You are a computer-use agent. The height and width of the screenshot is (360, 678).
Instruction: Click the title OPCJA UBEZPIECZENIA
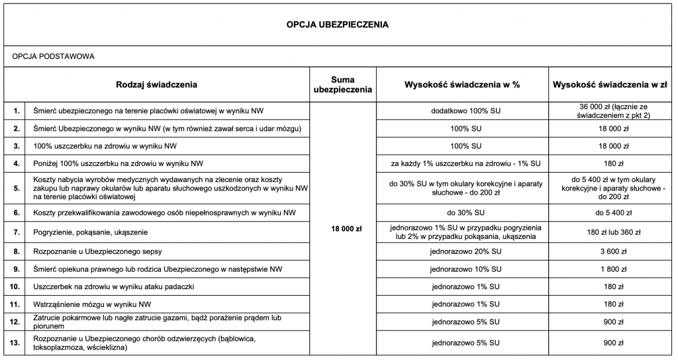pyautogui.click(x=338, y=24)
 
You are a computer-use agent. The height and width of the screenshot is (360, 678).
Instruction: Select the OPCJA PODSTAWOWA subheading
pyautogui.click(x=54, y=56)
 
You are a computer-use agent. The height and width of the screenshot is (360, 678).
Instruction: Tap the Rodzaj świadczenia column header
pyautogui.click(x=156, y=85)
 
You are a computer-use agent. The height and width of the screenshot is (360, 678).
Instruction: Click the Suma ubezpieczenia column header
pyautogui.click(x=342, y=85)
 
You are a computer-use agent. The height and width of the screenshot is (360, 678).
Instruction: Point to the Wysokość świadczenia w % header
pyautogui.click(x=462, y=85)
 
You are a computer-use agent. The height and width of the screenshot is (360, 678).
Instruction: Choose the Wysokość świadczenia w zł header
pyautogui.click(x=608, y=85)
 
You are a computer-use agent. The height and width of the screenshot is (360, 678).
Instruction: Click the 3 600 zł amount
pyautogui.click(x=608, y=251)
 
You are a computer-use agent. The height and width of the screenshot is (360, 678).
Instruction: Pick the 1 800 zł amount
pyautogui.click(x=608, y=269)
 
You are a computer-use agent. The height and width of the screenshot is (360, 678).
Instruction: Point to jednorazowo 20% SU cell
pyautogui.click(x=462, y=251)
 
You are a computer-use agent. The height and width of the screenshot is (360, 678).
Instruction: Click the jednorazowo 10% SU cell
pyautogui.click(x=462, y=269)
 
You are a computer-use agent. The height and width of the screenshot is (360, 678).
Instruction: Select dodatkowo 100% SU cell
pyautogui.click(x=462, y=110)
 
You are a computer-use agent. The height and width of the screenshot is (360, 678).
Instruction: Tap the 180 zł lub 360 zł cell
pyautogui.click(x=608, y=232)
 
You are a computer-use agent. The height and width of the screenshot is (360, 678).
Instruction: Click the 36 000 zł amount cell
pyautogui.click(x=608, y=110)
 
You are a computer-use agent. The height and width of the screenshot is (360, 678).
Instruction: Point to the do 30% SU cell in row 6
pyautogui.click(x=462, y=212)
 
